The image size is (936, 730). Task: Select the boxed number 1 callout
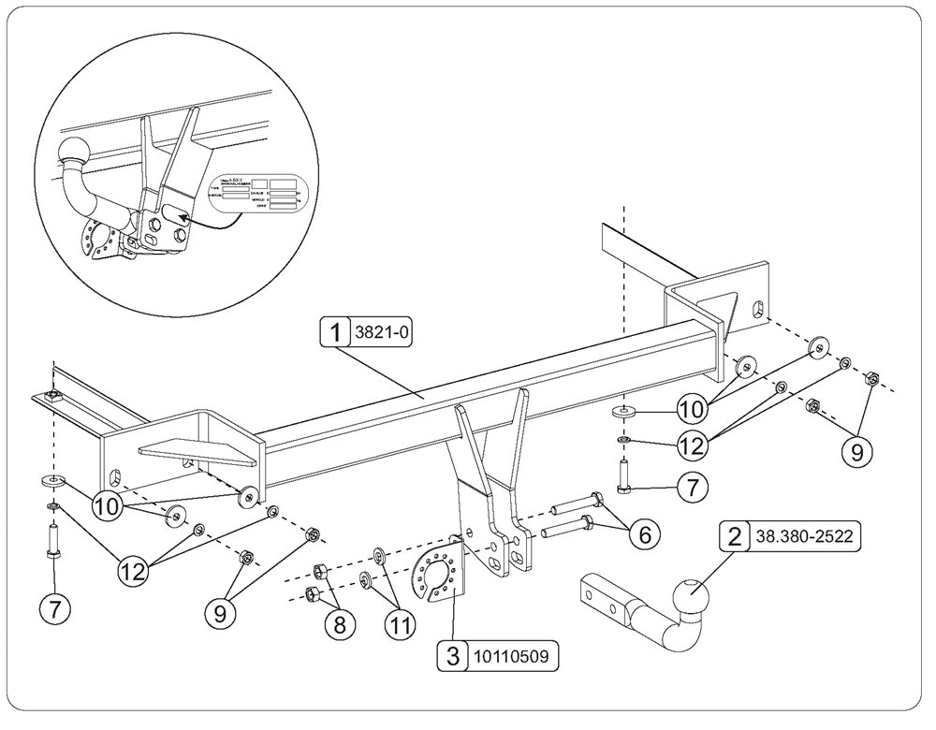(x=332, y=330)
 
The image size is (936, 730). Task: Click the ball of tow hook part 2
(x=690, y=591)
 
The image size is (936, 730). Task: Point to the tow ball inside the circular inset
(x=73, y=150)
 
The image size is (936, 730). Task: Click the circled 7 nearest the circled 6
(x=692, y=487)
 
